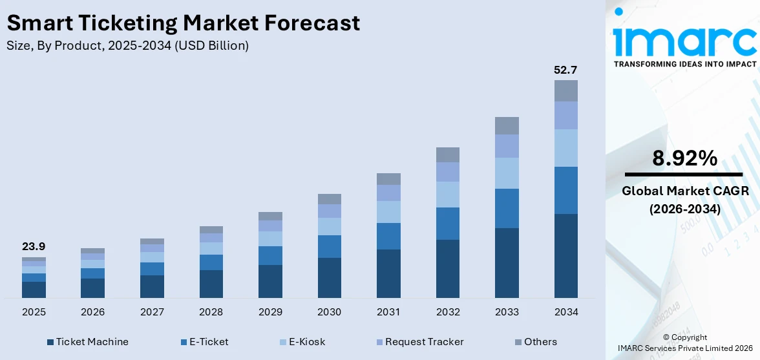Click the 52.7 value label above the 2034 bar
(x=565, y=70)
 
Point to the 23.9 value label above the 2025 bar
(x=34, y=246)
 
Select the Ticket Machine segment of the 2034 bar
(x=565, y=255)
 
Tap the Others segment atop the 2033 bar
(x=507, y=125)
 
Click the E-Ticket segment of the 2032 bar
(x=447, y=224)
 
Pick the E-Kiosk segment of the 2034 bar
(x=565, y=148)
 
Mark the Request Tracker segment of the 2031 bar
(x=388, y=193)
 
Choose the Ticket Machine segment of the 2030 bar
(x=329, y=278)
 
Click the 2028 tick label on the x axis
(x=211, y=312)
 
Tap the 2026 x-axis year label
(x=92, y=312)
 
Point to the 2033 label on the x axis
(x=507, y=312)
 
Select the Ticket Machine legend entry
(x=88, y=342)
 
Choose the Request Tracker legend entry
(x=419, y=342)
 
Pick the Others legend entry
(x=536, y=342)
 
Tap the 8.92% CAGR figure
(x=684, y=158)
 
